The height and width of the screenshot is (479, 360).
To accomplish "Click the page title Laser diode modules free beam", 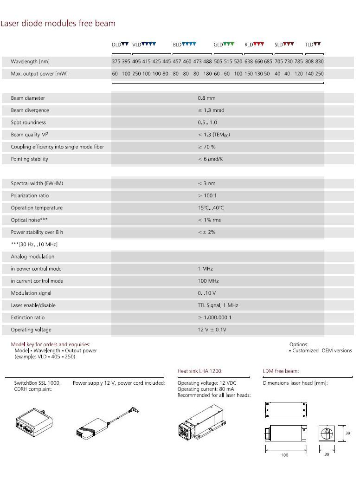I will [58, 24].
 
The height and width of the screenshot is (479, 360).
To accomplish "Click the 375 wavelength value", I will [116, 62].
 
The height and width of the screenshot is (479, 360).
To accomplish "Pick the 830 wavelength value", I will [319, 62].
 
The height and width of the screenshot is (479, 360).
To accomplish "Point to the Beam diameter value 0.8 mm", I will [206, 98].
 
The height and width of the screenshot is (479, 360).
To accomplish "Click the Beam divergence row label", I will [30, 110].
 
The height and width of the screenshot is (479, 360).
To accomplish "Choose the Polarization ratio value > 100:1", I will [207, 196].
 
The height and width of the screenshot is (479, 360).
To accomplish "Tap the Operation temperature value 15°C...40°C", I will [211, 208].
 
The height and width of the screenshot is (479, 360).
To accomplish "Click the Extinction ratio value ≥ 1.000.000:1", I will [214, 318].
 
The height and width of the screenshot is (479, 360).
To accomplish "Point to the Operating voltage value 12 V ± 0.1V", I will [212, 330].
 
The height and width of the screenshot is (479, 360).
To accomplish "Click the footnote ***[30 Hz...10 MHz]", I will [34, 245].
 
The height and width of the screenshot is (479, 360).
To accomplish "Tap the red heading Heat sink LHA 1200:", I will [200, 371].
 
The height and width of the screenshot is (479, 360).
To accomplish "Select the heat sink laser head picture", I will [204, 422].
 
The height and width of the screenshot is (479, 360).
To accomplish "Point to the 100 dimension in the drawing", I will [284, 455].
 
